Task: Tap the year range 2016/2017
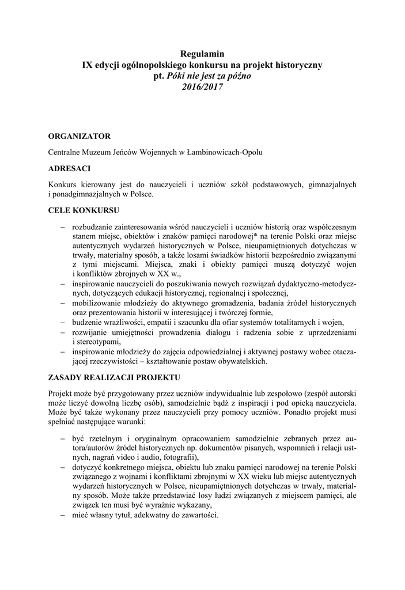click(202, 86)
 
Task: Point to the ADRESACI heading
click(69, 168)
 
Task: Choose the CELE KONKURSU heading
click(84, 211)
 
